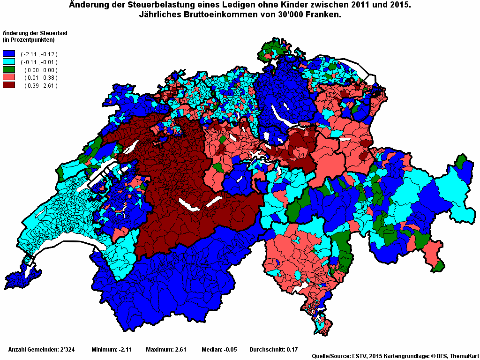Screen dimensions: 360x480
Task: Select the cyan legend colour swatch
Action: (9, 62)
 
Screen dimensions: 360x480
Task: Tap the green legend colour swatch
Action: (9, 70)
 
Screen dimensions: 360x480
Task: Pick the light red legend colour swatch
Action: (9, 77)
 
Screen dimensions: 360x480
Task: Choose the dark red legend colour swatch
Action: (9, 85)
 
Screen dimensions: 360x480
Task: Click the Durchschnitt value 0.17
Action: (292, 350)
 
